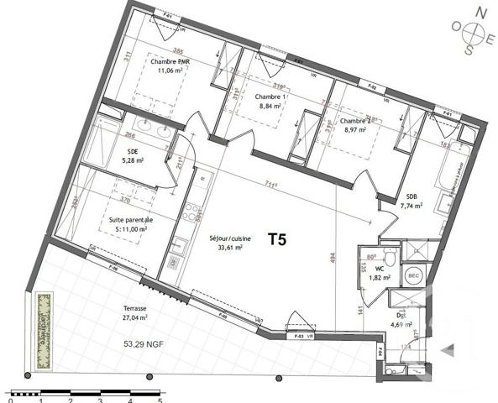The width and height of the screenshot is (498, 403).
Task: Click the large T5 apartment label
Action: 277,239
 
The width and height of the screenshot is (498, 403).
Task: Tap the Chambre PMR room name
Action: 170,62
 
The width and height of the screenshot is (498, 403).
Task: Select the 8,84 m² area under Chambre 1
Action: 270,107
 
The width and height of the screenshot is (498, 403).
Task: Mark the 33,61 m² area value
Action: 226,248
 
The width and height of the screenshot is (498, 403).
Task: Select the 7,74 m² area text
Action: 412,204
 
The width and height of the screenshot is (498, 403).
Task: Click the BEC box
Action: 413,275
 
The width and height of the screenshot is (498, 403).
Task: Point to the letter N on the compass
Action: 481,12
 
